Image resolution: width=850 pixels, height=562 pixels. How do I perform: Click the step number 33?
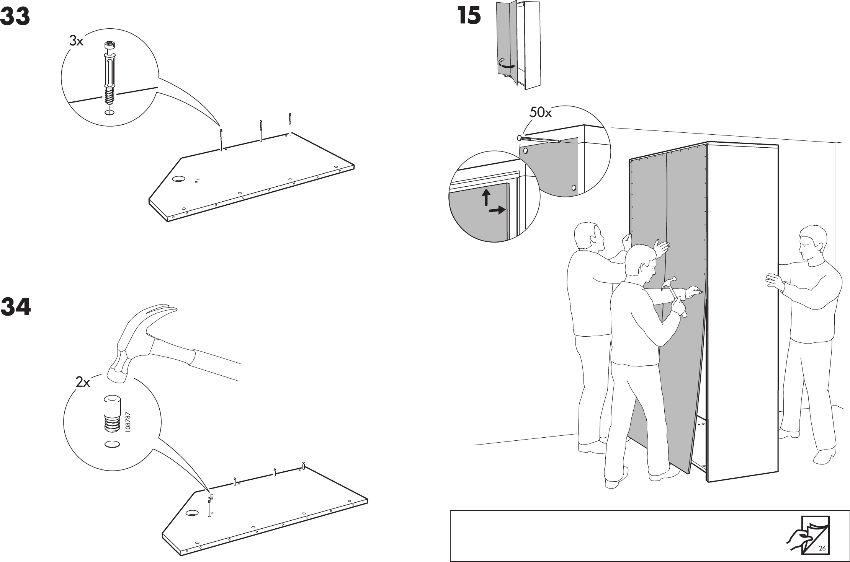[x=15, y=17]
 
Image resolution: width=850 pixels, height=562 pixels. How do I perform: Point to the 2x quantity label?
[x=83, y=382]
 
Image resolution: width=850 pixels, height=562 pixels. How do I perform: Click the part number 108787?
[x=128, y=422]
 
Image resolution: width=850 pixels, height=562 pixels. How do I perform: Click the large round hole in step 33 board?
[x=178, y=178]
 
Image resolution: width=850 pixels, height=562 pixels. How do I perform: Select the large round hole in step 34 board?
[x=191, y=513]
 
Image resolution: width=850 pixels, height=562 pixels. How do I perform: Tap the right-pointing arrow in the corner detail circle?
[x=497, y=210]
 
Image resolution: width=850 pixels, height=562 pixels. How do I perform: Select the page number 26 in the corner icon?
[x=822, y=548]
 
